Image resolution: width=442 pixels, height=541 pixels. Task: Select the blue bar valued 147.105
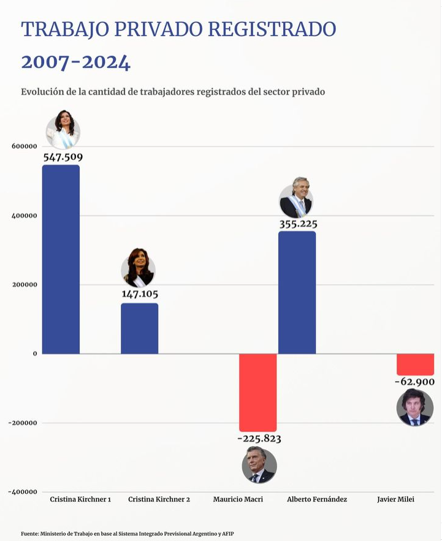[139, 328]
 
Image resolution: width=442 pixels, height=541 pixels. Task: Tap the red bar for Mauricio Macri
[257, 392]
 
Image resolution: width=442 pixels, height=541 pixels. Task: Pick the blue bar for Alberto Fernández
[297, 292]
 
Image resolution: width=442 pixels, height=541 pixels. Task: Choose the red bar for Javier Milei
[415, 365]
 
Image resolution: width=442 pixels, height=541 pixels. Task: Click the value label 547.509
[63, 157]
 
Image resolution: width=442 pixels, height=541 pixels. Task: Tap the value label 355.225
[298, 224]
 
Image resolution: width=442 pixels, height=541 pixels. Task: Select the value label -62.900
[414, 382]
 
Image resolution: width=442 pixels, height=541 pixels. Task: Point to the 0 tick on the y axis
[34, 354]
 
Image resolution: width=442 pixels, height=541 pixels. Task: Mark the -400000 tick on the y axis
[23, 492]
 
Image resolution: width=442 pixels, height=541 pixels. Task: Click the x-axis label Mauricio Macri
[238, 499]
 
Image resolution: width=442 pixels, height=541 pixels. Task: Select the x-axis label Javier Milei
[396, 499]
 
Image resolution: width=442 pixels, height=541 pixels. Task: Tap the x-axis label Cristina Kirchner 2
[159, 499]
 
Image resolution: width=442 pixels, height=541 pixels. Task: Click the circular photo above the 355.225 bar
[296, 201]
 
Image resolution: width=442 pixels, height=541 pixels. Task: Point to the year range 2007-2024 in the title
[76, 62]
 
